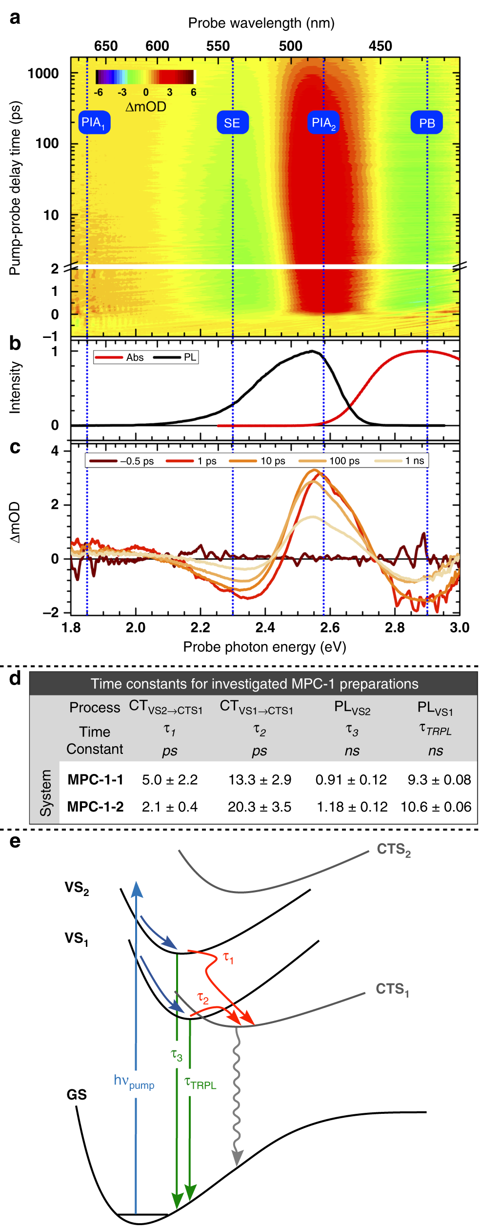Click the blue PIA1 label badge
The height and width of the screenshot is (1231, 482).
pos(94,123)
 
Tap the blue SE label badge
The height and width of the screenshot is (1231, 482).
pos(232,123)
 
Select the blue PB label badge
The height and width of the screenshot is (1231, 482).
pos(427,123)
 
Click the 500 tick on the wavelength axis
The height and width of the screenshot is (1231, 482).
pos(291,46)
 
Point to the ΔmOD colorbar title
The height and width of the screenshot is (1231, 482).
pos(146,106)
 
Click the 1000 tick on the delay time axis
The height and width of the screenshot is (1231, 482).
pos(43,74)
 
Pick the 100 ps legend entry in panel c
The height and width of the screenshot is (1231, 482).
pos(330,461)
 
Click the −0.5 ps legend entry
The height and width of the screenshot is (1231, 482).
pos(122,461)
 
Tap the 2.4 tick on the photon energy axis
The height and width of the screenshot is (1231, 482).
pos(265,627)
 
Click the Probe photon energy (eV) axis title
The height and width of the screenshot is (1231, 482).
pos(265,647)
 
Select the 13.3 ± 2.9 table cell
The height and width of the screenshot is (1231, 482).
pos(260,780)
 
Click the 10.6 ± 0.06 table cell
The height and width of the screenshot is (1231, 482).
pos(436,807)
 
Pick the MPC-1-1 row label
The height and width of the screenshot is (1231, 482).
pos(96,780)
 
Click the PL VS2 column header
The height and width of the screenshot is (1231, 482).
pos(352,708)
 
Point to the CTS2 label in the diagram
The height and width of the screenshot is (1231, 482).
pos(393,850)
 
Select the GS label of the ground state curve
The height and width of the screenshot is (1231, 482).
pos(77,1095)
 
